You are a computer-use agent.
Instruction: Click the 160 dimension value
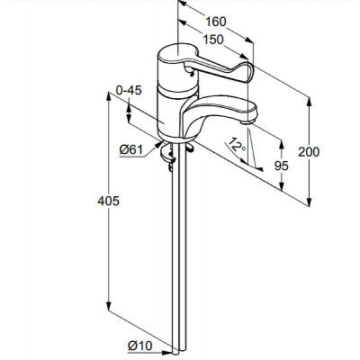click(216, 22)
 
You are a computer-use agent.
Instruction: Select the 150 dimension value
click(213, 40)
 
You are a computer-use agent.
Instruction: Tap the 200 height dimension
click(309, 152)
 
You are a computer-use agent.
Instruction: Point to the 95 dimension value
click(282, 166)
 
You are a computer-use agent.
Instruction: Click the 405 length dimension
click(108, 201)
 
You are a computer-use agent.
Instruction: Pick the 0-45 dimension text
click(129, 90)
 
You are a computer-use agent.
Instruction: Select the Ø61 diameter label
click(131, 149)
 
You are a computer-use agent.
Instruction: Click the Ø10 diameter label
click(139, 346)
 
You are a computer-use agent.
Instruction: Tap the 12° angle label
click(237, 145)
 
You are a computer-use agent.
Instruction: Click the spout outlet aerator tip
click(247, 122)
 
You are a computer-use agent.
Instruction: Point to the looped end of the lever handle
click(247, 72)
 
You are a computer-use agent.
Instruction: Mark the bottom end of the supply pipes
click(179, 353)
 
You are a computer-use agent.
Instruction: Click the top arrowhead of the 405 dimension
click(109, 97)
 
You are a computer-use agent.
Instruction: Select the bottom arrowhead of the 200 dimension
click(310, 202)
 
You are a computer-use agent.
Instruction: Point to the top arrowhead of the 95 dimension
click(281, 144)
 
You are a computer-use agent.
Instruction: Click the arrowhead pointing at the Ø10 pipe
click(167, 352)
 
